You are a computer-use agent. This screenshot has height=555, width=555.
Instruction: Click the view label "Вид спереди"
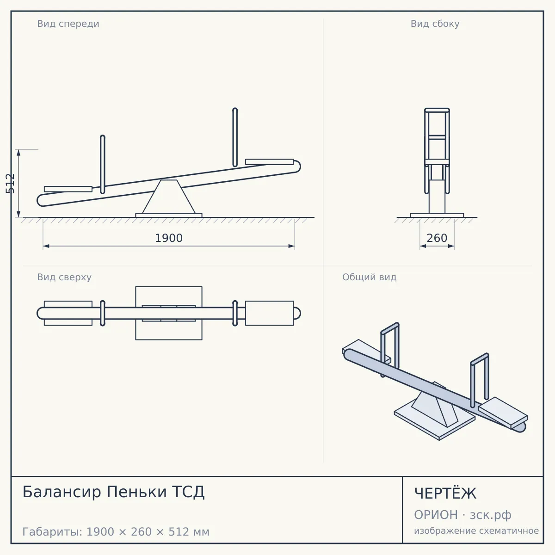click(x=68, y=24)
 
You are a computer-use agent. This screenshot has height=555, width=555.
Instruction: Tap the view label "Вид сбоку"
click(x=435, y=24)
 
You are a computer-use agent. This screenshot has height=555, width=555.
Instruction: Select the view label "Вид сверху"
click(x=64, y=277)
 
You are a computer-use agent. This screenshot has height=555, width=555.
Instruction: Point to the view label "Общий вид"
click(x=369, y=277)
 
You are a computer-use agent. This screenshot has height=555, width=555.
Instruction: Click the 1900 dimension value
click(x=169, y=238)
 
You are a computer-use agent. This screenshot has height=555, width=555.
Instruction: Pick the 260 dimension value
click(x=437, y=238)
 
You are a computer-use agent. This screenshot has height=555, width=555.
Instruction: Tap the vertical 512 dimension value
click(x=10, y=184)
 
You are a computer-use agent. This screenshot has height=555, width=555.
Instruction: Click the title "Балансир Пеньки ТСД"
click(x=113, y=492)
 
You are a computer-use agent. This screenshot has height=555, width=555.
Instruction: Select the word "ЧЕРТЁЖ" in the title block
click(x=445, y=493)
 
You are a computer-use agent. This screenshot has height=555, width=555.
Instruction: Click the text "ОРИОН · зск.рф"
click(x=462, y=515)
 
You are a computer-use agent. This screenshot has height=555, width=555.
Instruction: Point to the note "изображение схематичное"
click(x=476, y=530)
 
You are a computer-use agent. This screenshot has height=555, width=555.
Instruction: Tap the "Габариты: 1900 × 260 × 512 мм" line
click(x=116, y=532)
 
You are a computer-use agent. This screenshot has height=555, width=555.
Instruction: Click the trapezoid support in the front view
click(x=169, y=197)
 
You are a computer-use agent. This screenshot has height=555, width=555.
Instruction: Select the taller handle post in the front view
click(x=235, y=137)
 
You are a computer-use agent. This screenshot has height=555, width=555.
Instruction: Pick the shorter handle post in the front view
click(x=103, y=165)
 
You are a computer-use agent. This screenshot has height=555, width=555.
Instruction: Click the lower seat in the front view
click(x=68, y=189)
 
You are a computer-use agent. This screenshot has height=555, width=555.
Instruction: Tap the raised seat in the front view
click(x=269, y=162)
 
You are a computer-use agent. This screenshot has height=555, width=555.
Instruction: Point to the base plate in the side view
click(x=437, y=215)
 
